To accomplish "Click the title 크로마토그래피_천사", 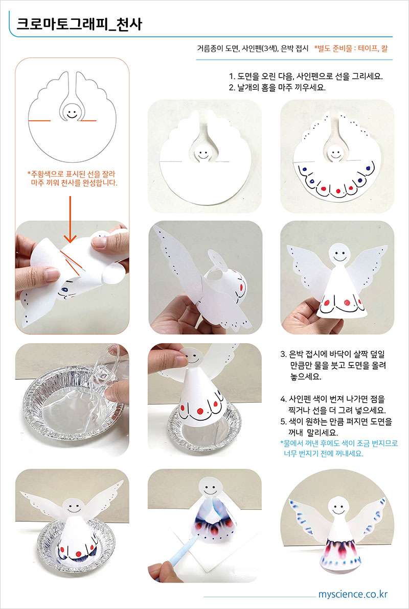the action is click(79, 24).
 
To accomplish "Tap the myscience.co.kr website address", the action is click(353, 594).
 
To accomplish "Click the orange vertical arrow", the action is click(70, 220).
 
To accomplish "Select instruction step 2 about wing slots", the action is click(277, 87).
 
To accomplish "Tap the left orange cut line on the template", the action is click(39, 121).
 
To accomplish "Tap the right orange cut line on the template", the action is click(88, 121).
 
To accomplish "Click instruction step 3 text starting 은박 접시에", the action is click(333, 365).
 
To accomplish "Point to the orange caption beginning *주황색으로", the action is click(72, 178).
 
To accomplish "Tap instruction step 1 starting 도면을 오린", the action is click(306, 77).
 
